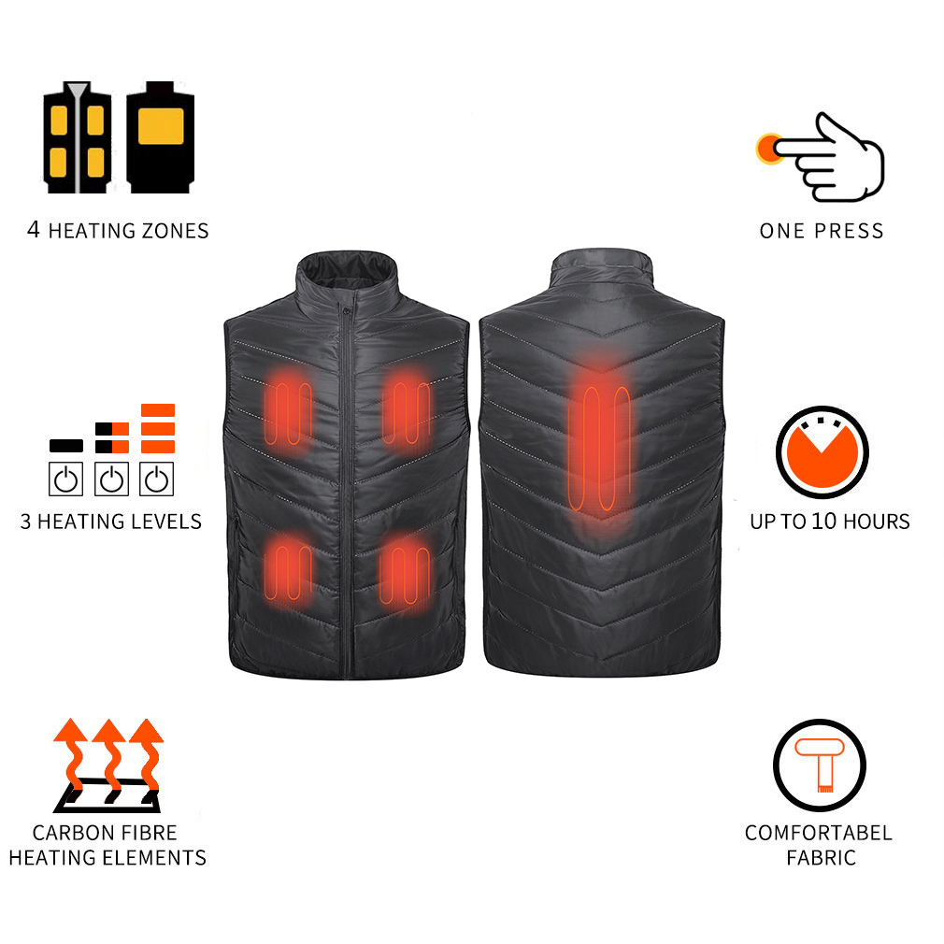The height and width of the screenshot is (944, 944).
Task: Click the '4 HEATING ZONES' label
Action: point(118,230)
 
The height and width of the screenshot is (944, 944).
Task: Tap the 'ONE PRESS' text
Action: point(821,231)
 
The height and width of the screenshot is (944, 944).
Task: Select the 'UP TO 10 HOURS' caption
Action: point(829,521)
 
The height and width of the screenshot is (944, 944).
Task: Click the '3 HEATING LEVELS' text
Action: point(111,521)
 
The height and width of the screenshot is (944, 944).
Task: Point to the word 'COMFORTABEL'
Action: point(818,832)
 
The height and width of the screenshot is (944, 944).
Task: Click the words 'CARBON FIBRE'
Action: point(105,832)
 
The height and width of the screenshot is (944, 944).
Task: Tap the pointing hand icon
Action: point(832,156)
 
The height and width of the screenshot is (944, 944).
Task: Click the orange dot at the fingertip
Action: point(769,148)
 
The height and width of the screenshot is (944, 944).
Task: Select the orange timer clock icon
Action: point(822,452)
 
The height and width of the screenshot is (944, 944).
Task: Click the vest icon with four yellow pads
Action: point(77,138)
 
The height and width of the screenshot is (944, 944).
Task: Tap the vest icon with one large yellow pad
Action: point(160,138)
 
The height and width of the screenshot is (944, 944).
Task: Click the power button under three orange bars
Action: point(157,479)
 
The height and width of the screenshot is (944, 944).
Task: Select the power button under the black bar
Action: point(65,479)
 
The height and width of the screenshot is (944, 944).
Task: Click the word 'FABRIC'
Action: point(820,856)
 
